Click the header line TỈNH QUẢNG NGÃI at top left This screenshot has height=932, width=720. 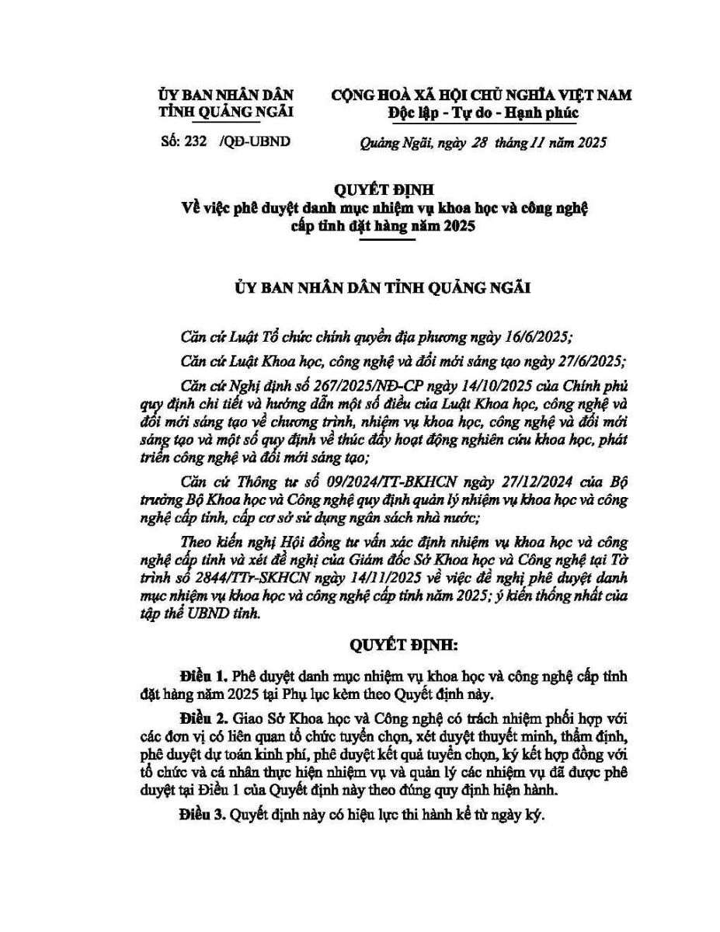(x=226, y=113)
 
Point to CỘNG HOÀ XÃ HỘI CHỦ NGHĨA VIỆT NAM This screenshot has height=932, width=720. (x=482, y=96)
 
